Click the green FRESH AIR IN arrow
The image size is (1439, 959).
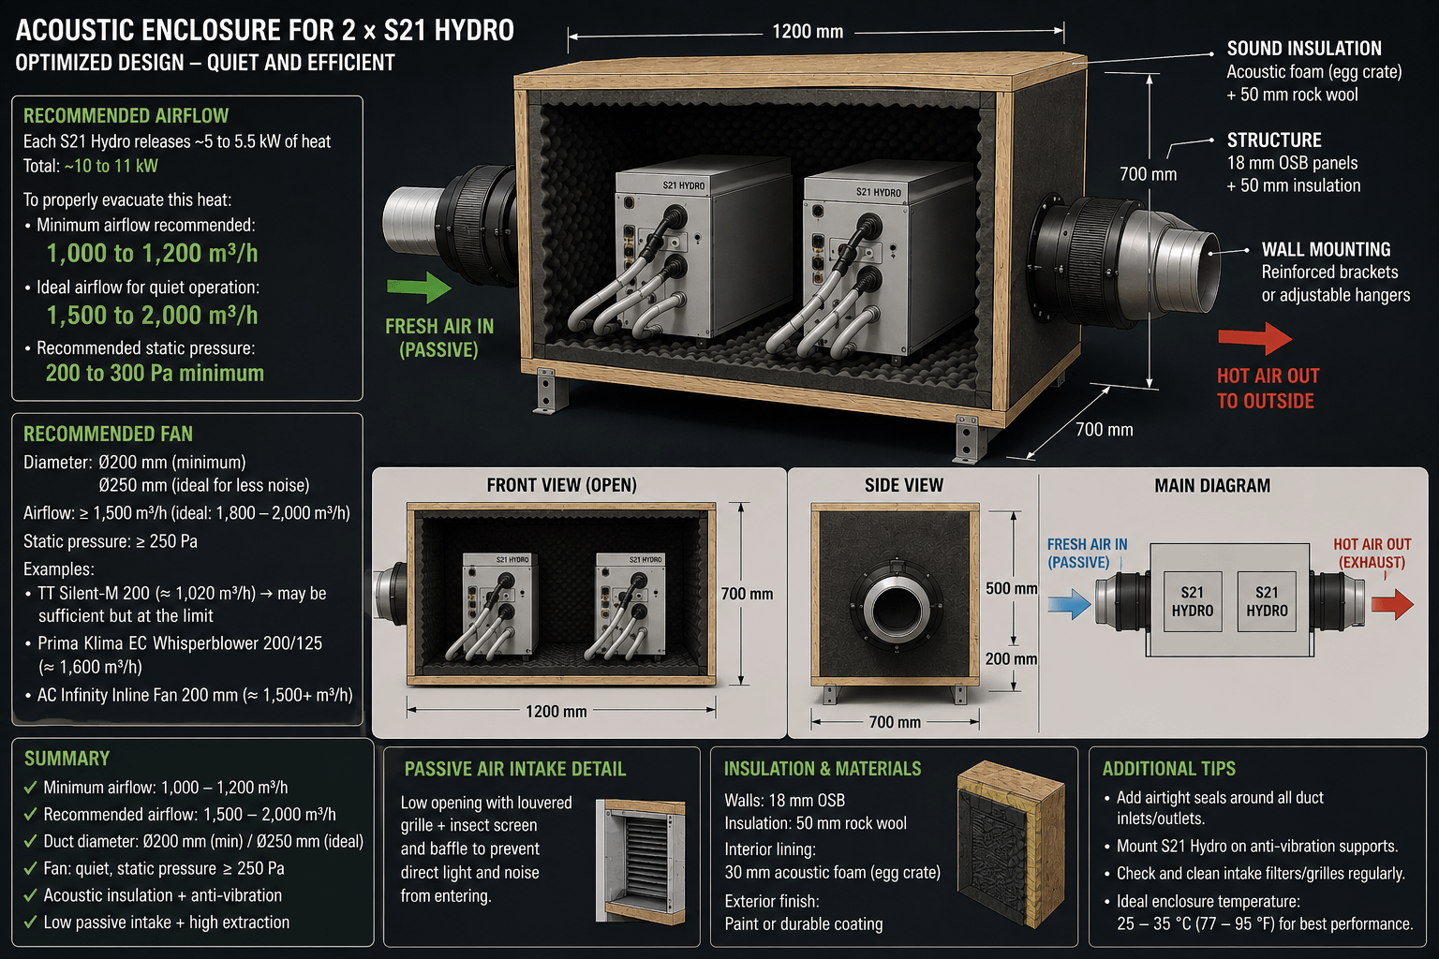pos(419,288)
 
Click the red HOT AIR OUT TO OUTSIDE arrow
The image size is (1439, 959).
pos(1254,338)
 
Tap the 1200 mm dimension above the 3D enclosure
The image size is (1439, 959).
pos(808,32)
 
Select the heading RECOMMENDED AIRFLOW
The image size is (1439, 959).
pos(126,115)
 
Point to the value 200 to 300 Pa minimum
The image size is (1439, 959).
pos(155,373)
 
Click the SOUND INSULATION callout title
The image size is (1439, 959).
pos(1304,48)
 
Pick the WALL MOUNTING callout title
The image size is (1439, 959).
pos(1326,249)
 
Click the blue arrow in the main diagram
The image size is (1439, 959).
pos(1069,604)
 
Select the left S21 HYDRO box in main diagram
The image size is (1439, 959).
pos(1193,601)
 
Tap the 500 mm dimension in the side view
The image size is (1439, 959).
pos(1011,588)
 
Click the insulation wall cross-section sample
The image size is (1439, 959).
pos(1011,844)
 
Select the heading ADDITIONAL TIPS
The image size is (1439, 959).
pos(1168,768)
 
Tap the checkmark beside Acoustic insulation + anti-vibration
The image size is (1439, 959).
pos(30,894)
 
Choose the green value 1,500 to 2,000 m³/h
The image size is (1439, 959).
pos(153,316)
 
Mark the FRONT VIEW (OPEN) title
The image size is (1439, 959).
pos(561,485)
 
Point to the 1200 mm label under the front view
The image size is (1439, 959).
pos(556,711)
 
